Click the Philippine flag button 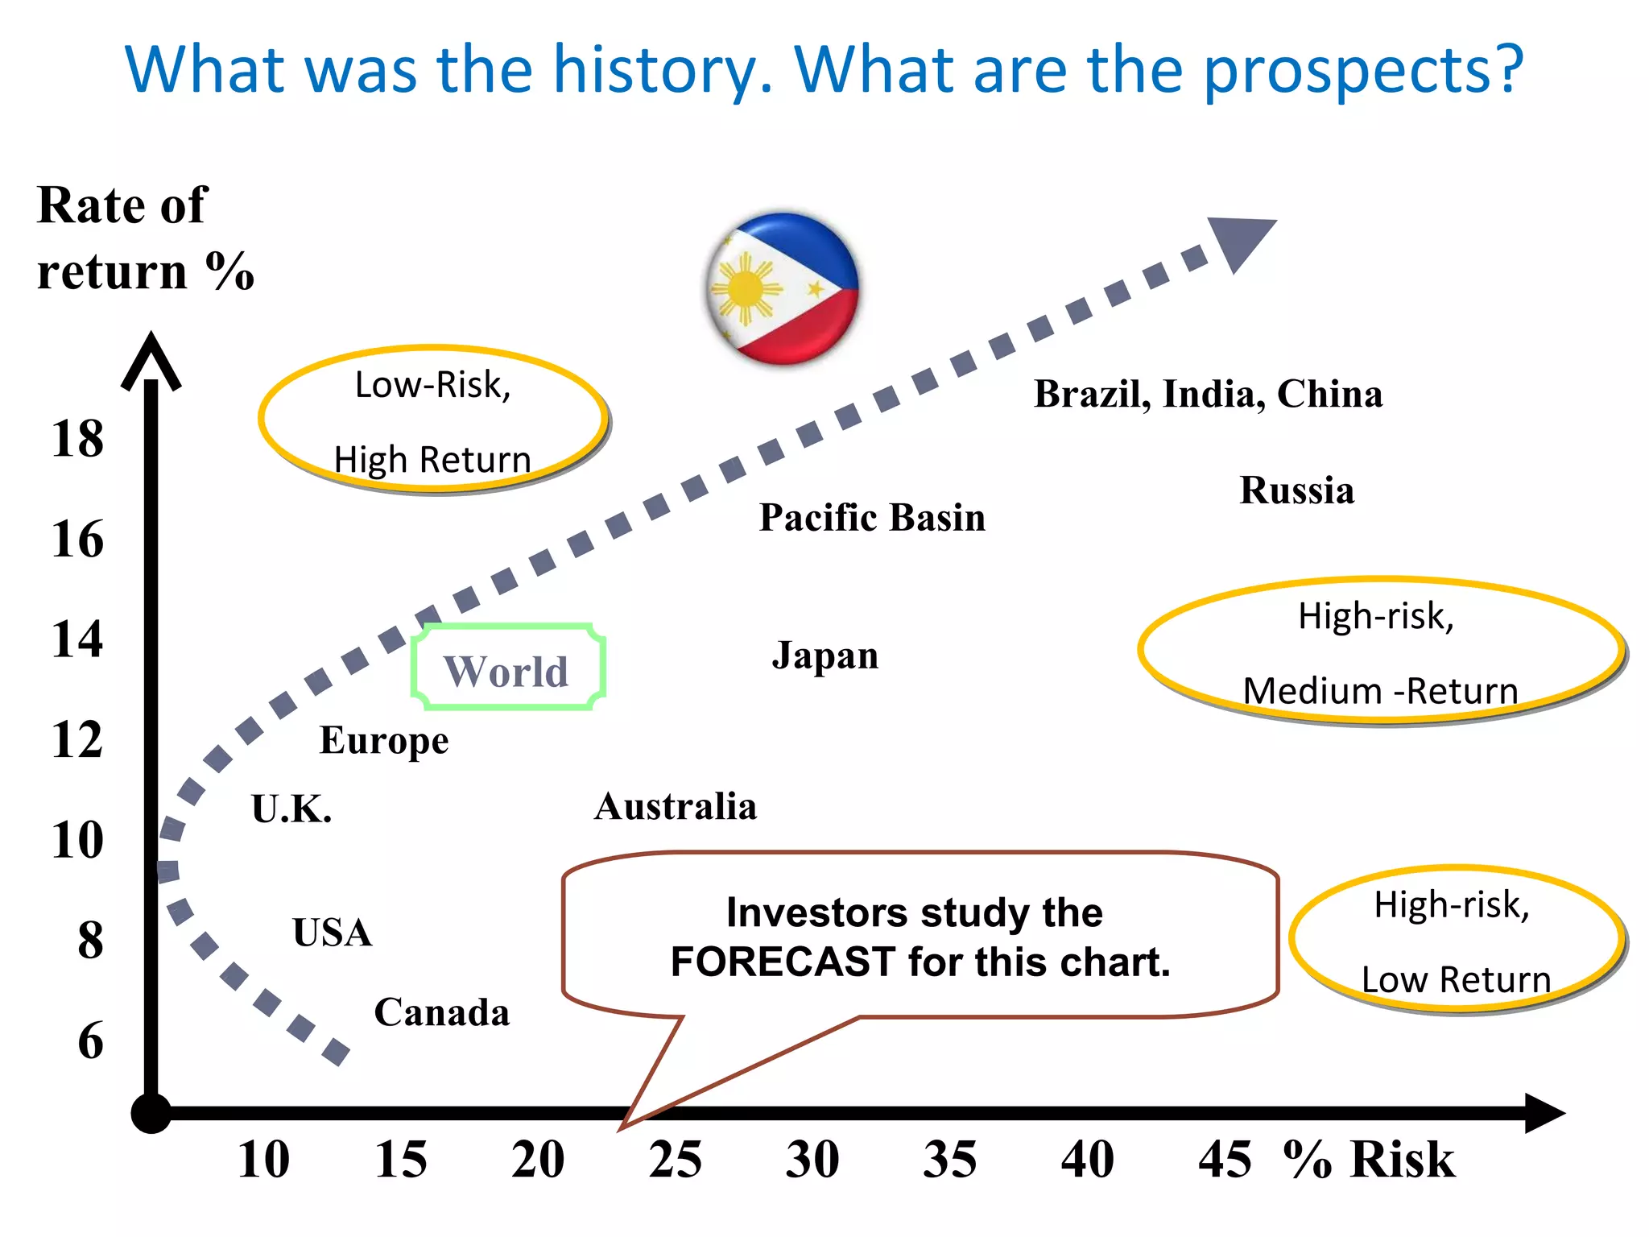[782, 288]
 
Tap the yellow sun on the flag [745, 289]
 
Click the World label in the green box [506, 670]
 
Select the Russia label [1296, 490]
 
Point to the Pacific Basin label [872, 517]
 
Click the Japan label [825, 656]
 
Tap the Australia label [676, 806]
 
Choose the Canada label [442, 1012]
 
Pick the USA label [333, 933]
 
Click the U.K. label [291, 809]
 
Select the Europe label [384, 740]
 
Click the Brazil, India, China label [1208, 394]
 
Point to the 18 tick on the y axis [78, 439]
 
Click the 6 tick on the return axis [91, 1040]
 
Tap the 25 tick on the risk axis [676, 1160]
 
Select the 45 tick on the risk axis [1225, 1160]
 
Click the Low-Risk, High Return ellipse [433, 420]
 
